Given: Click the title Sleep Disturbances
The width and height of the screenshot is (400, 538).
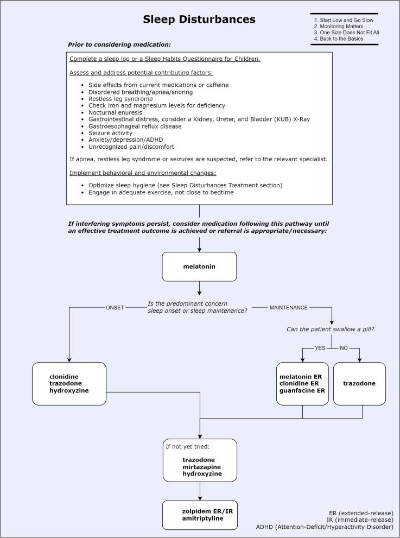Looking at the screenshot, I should (199, 20).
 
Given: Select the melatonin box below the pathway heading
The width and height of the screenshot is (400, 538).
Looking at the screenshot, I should (199, 267).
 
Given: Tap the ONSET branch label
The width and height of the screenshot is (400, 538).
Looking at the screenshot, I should (115, 307).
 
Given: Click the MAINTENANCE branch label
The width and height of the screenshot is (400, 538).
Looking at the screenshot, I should (288, 307).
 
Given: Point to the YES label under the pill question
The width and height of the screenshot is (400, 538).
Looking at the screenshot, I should (320, 349).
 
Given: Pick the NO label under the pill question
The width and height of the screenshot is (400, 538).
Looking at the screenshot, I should (344, 349).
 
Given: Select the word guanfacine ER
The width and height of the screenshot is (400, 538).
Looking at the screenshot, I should (302, 391).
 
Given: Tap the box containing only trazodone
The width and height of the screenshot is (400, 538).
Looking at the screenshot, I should (359, 383).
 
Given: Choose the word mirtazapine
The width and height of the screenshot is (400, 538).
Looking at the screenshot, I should (201, 466).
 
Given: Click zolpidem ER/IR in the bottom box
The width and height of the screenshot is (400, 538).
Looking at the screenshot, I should (204, 511).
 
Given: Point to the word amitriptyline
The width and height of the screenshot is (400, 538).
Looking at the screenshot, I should (203, 518).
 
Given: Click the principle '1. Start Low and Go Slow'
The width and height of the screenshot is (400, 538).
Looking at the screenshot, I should (344, 20).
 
